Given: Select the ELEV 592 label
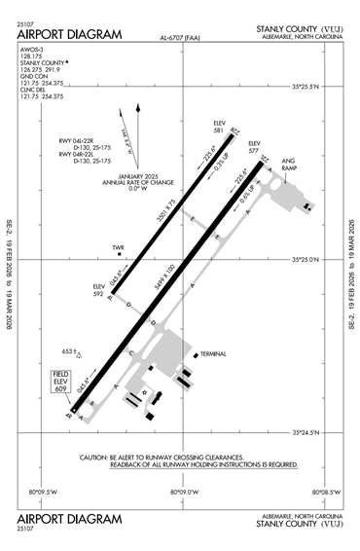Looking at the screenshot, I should pos(98,288).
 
